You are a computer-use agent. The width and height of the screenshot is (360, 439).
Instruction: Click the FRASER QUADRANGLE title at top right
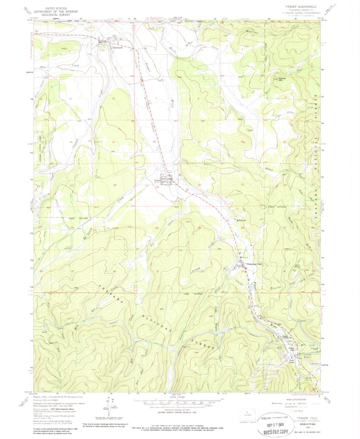point(301,7)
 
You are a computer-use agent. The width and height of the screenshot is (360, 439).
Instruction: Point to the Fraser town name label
point(158,181)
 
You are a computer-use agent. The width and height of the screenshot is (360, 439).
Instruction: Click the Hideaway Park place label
point(254,264)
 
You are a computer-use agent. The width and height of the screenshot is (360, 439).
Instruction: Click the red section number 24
point(115,185)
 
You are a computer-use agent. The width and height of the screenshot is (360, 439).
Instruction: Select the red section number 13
point(113,142)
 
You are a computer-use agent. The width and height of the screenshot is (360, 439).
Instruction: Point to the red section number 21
point(242,185)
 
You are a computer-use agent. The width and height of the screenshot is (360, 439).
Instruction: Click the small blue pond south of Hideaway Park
point(250,284)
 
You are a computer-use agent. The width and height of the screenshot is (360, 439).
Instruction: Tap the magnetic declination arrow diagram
point(106,407)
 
